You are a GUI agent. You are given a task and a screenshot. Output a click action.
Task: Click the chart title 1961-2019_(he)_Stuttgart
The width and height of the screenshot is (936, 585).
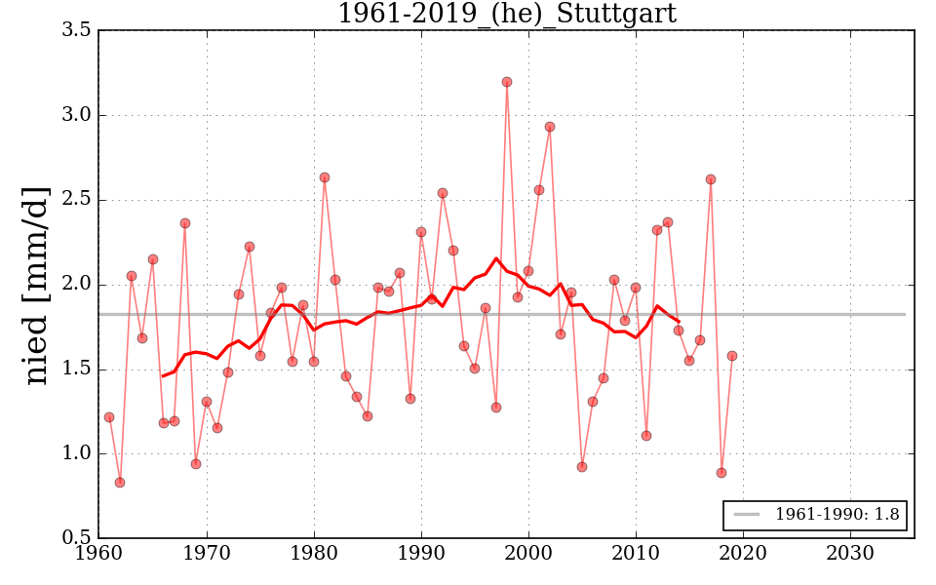506,14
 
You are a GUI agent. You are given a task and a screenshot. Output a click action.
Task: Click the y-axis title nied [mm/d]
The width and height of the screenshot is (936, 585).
36,285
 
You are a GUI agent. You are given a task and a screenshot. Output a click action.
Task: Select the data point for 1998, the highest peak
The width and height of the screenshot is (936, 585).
507,82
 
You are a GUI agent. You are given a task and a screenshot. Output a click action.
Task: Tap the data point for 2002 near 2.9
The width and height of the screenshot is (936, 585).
550,127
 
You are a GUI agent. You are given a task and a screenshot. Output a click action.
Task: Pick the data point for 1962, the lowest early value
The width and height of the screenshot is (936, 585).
120,483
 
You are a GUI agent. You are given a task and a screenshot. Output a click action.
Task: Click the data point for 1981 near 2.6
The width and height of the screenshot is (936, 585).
325,177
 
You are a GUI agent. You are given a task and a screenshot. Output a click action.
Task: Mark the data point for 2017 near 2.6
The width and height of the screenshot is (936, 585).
711,179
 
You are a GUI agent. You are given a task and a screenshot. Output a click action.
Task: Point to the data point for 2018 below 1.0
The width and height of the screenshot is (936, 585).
721,473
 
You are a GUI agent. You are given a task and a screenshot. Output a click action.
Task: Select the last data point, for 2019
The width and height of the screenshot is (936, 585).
732,356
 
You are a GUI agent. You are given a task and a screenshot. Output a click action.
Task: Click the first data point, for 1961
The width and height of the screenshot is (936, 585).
109,417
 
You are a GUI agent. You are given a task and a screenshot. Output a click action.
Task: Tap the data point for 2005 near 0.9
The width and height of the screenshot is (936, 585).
582,467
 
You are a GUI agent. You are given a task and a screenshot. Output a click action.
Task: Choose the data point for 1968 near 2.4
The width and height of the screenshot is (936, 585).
185,223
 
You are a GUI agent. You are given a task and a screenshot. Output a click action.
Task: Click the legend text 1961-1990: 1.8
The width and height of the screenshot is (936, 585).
837,515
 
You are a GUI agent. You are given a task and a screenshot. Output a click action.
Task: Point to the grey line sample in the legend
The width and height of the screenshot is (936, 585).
747,515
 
